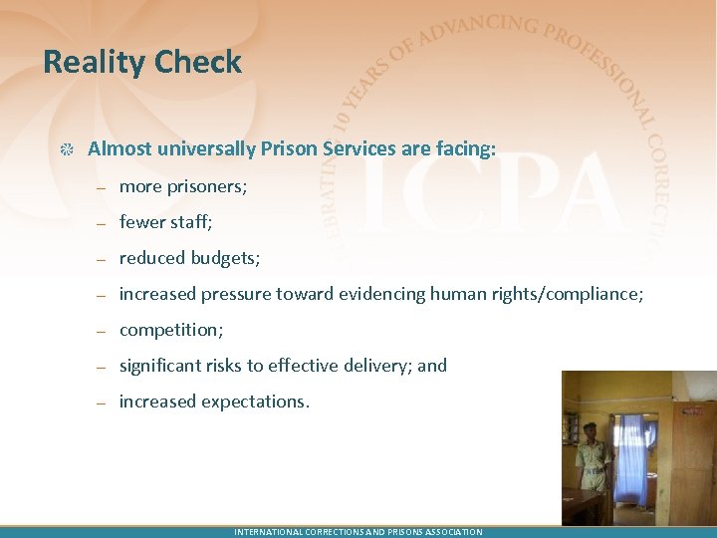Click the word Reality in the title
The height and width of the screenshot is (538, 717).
coord(92,63)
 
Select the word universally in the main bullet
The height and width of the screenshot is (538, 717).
coord(202,149)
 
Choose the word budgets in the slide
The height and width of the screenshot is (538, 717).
coord(223,258)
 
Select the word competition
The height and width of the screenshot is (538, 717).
coord(170,330)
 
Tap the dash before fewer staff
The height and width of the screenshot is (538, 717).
coord(102,223)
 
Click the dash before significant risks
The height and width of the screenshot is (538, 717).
coord(102,367)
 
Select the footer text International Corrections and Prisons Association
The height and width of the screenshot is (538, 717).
coord(358,532)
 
